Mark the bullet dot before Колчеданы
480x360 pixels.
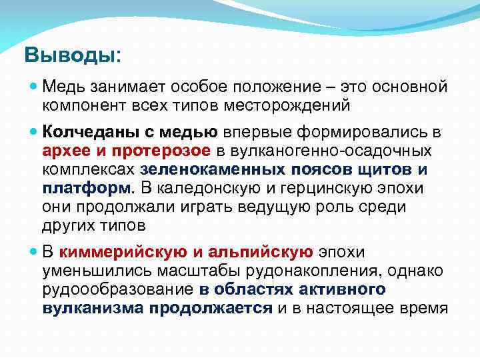point(33,131)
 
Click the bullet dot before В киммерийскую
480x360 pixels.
point(33,252)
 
